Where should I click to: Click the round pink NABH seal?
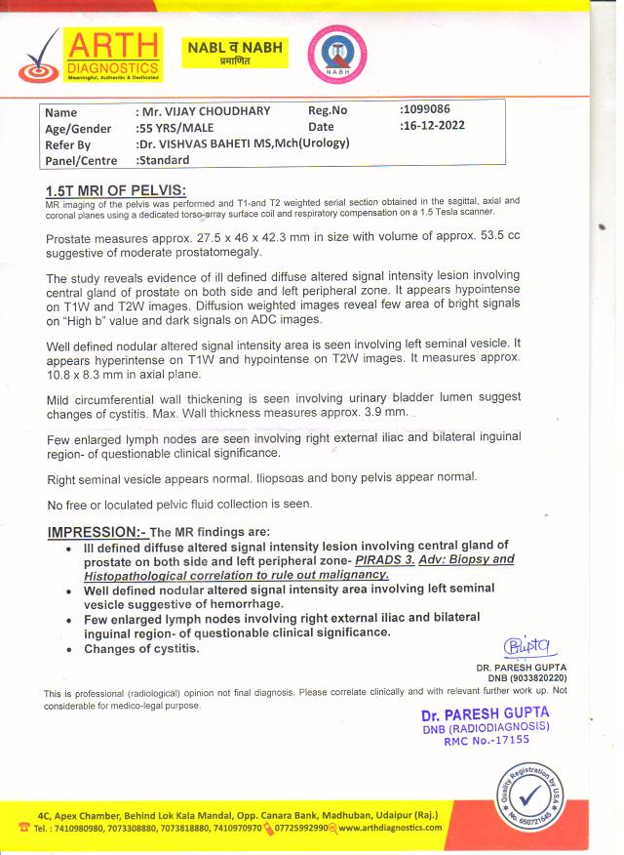click(336, 54)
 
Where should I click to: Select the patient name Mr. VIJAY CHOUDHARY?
click(204, 111)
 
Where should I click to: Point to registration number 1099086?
click(425, 109)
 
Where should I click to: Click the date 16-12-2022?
click(433, 126)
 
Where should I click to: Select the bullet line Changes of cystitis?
click(141, 648)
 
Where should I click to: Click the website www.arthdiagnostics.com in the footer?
click(390, 828)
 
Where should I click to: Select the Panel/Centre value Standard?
click(164, 161)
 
